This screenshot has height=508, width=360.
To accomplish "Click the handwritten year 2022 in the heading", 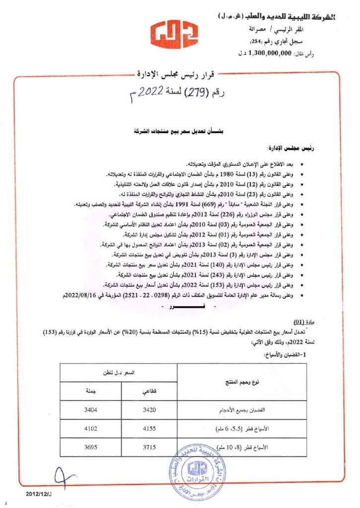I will point(149,92).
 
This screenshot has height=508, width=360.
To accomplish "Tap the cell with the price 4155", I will point(149,429).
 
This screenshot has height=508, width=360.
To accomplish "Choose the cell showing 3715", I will point(149,447).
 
